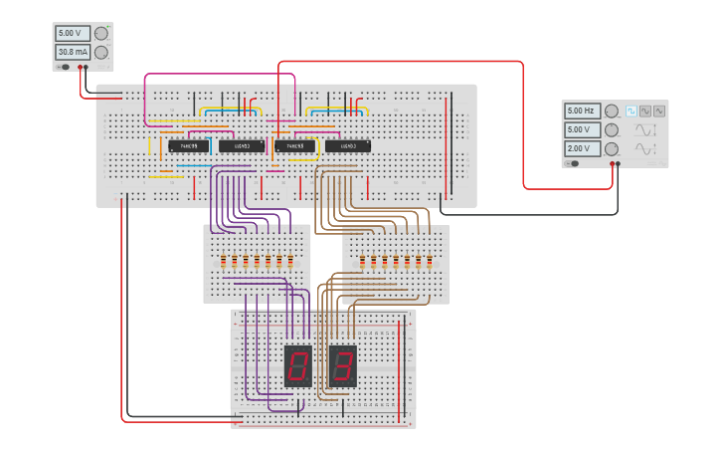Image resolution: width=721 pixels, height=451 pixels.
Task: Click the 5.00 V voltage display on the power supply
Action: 73,33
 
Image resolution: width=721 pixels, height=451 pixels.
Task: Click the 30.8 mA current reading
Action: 73,52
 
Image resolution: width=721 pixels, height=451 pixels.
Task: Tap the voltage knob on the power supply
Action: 100,33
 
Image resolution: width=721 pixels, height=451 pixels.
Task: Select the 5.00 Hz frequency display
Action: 583,111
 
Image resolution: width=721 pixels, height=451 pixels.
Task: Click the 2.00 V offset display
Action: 583,148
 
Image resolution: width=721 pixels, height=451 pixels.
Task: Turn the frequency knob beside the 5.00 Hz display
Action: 612,111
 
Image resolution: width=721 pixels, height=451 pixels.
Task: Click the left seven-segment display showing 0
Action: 297,365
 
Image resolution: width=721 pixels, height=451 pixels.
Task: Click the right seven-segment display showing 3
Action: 342,365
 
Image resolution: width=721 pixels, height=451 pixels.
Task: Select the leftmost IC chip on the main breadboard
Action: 189,146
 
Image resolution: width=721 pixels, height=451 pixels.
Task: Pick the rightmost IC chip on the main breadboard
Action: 349,146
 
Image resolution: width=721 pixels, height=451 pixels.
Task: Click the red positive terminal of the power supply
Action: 86,68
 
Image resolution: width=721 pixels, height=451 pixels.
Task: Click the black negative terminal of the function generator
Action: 619,163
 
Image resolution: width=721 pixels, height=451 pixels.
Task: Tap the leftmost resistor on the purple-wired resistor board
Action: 224,263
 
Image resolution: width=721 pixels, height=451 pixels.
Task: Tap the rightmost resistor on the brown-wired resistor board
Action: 429,263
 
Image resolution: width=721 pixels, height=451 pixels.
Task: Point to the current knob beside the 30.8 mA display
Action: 100,52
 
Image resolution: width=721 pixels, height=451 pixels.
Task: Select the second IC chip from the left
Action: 242,146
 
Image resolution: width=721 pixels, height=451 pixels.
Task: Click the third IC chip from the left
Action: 295,146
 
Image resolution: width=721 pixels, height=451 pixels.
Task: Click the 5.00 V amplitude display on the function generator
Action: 583,129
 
